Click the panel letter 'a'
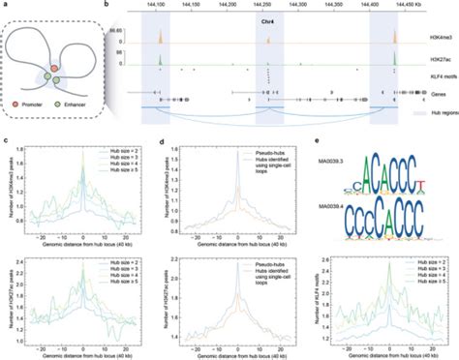click(5, 5)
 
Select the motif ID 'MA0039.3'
click(339, 175)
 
